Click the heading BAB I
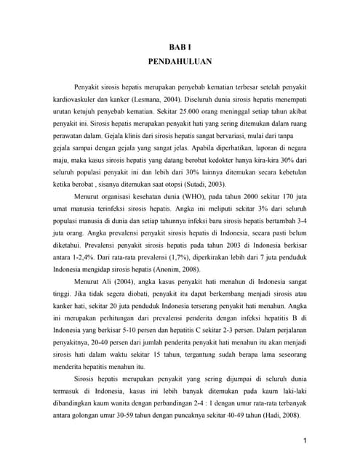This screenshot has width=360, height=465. (179, 46)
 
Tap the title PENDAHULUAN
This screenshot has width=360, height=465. (179, 62)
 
